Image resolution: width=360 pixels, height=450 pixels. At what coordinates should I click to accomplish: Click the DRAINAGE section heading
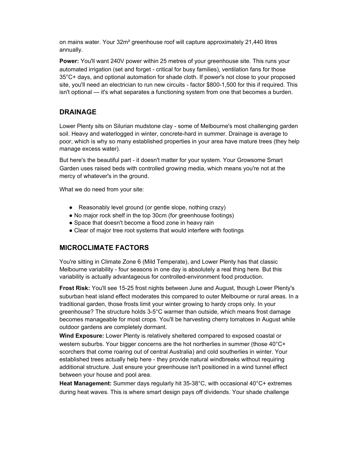(x=78, y=112)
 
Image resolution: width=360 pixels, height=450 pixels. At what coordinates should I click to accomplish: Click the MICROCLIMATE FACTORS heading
(x=104, y=248)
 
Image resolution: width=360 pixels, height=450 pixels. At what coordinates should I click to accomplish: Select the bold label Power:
(x=69, y=61)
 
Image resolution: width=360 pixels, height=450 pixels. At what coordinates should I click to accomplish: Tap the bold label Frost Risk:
(x=75, y=288)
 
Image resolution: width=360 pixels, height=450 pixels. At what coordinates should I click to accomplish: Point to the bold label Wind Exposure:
(x=82, y=336)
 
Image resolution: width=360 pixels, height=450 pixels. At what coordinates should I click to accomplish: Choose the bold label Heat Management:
(x=85, y=384)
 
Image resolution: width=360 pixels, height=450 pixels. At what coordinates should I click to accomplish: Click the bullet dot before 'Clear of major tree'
(x=71, y=231)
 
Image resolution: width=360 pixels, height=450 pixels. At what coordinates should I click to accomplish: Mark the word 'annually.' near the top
(x=71, y=50)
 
